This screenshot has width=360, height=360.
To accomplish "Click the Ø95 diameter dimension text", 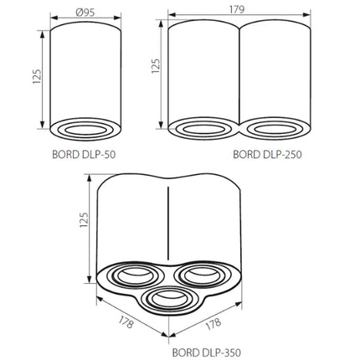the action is pyautogui.click(x=85, y=13).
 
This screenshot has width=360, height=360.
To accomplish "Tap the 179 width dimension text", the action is pyautogui.click(x=237, y=9).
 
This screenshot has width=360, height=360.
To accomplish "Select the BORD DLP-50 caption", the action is pyautogui.click(x=84, y=155).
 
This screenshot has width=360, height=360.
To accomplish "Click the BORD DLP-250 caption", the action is pyautogui.click(x=267, y=154).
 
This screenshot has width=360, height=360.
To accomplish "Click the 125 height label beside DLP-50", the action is pyautogui.click(x=37, y=76).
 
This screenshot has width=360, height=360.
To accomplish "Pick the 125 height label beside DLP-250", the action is pyautogui.click(x=156, y=66).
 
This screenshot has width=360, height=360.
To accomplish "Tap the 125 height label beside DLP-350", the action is pyautogui.click(x=84, y=219).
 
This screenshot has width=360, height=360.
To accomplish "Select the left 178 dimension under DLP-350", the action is pyautogui.click(x=126, y=322).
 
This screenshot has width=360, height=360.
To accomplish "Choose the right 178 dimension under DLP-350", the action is pyautogui.click(x=213, y=324).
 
